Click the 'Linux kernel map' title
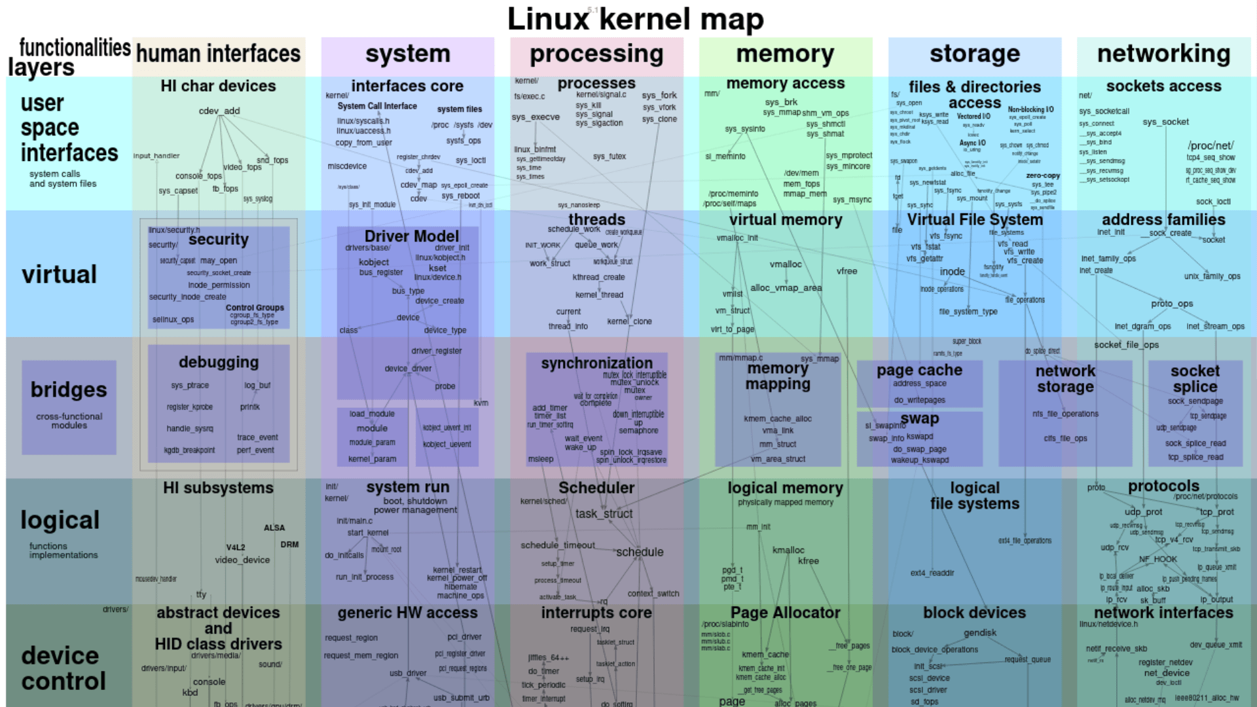pos(635,19)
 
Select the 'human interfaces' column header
pos(218,54)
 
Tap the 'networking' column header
pos(1163,54)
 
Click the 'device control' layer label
pos(63,668)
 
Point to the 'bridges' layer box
pos(69,407)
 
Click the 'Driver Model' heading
pos(411,236)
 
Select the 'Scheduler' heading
pos(596,488)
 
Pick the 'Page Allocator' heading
pos(785,613)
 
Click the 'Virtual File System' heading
pos(974,219)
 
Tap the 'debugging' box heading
pos(219,362)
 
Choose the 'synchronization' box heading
pos(596,363)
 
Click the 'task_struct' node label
pos(604,514)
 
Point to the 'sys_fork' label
pos(659,96)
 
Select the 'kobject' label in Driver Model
pos(374,262)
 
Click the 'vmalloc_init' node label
pos(737,238)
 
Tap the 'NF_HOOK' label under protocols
pos(1157,559)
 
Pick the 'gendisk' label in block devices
pos(979,632)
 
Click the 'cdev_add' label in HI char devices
pos(219,111)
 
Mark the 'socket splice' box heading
pos(1195,378)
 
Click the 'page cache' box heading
pos(919,370)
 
